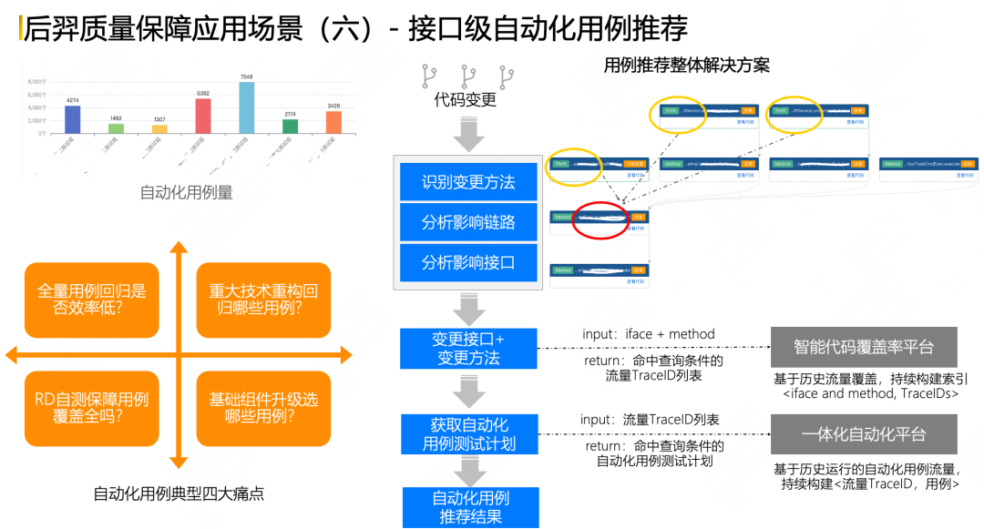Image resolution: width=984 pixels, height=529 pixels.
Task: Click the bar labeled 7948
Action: (x=246, y=108)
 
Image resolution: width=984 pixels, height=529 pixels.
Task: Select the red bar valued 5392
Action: (x=203, y=116)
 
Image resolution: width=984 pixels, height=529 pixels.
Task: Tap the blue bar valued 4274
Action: (x=73, y=119)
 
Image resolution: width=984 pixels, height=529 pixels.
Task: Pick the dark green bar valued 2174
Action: (x=290, y=126)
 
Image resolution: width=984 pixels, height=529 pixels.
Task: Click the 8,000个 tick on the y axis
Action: (x=37, y=82)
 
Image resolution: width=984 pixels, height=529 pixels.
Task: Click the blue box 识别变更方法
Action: (x=468, y=182)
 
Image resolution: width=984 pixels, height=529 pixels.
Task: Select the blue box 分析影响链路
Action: (x=468, y=222)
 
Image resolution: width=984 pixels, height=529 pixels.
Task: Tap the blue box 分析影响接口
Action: (x=468, y=262)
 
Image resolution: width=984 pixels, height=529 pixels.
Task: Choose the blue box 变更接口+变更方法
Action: (x=468, y=348)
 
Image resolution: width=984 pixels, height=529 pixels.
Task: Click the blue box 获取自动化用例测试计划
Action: (x=469, y=434)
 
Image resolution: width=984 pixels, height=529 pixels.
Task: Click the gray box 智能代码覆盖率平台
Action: (x=863, y=348)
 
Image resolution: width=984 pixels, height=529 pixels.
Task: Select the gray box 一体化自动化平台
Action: (x=863, y=434)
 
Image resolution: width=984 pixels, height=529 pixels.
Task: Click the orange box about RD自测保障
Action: (x=91, y=408)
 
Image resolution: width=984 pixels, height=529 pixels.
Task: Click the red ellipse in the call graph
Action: (x=601, y=219)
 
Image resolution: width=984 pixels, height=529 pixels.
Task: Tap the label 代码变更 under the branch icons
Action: (x=466, y=99)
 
